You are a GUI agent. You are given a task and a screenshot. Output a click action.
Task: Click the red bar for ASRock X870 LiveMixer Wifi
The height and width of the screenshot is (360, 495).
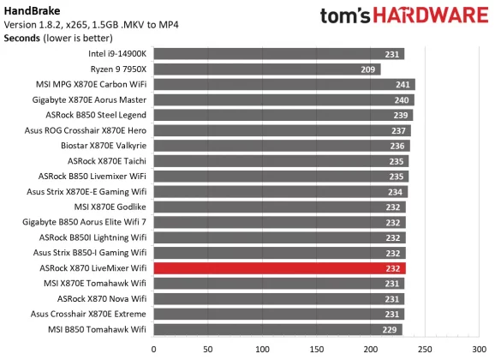(x=278, y=268)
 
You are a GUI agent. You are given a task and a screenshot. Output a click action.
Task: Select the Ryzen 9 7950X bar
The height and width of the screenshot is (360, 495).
(x=266, y=69)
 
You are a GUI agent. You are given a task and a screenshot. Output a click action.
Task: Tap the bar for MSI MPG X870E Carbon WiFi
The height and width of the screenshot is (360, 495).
(x=283, y=85)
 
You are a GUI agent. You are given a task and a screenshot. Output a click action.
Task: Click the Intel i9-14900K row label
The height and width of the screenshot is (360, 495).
(x=117, y=54)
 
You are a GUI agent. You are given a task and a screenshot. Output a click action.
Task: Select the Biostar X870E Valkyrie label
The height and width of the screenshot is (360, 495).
(x=99, y=146)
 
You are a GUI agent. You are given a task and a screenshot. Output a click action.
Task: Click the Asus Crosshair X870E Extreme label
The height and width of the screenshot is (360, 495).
(x=89, y=315)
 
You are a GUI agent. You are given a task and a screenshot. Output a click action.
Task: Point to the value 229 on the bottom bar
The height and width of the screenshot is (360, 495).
(x=391, y=329)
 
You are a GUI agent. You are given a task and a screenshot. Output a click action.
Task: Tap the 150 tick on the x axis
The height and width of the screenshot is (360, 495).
(x=316, y=349)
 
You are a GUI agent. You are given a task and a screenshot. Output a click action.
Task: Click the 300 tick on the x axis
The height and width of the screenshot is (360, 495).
(x=478, y=349)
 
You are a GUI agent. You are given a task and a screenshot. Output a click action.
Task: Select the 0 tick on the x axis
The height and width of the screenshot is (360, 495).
(x=154, y=349)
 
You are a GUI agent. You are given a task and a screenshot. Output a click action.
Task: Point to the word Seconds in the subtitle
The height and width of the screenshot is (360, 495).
(x=26, y=39)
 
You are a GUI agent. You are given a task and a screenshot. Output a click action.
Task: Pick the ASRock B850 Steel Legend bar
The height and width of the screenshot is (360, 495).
(x=283, y=116)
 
